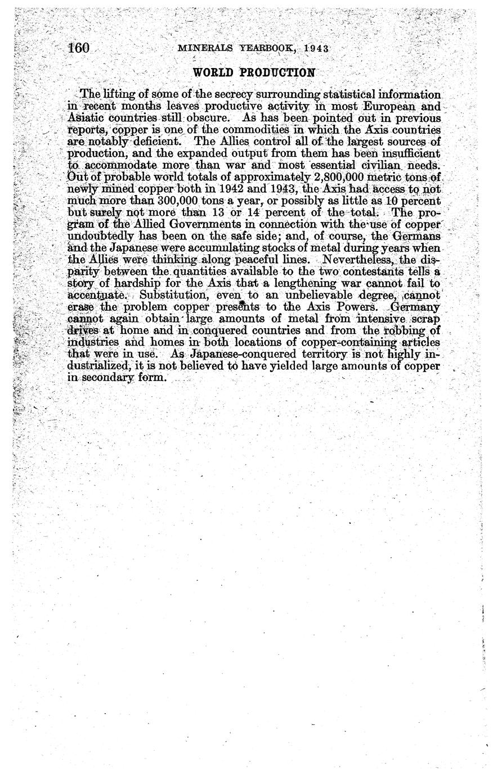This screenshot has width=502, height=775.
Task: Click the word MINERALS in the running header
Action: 200,48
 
